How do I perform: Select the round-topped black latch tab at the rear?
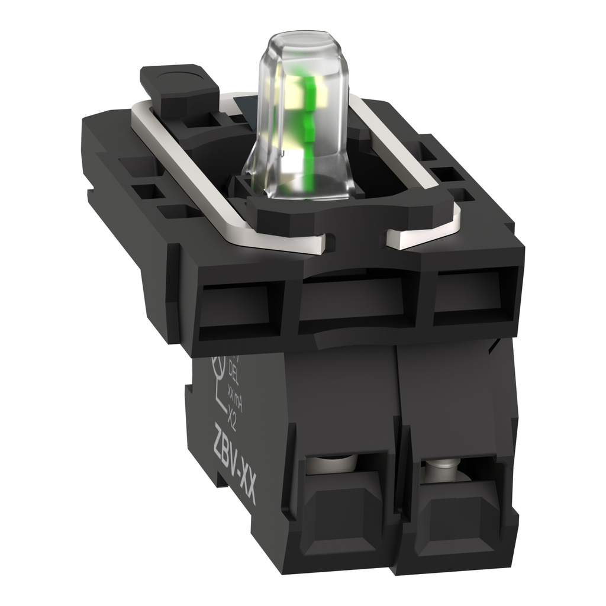click(x=178, y=83)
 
